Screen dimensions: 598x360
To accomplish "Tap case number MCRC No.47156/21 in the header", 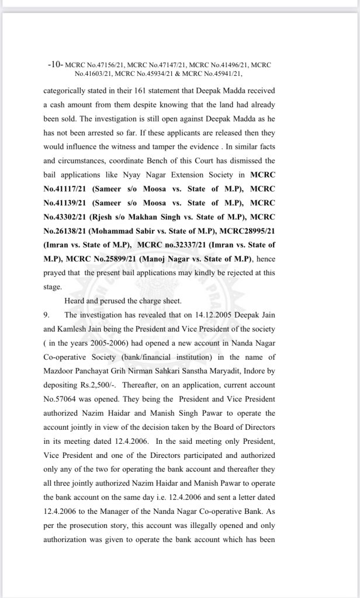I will pos(97,63).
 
